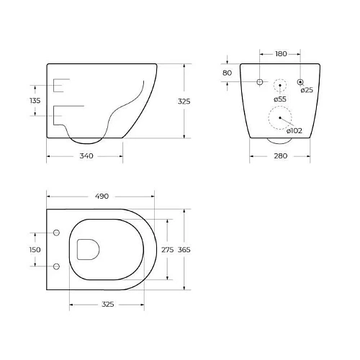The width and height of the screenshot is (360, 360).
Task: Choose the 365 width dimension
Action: pyautogui.click(x=184, y=248)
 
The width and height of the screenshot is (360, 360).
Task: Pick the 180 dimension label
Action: pyautogui.click(x=281, y=54)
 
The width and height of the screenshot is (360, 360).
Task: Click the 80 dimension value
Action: pyautogui.click(x=228, y=73)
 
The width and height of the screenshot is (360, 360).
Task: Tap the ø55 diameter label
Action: pyautogui.click(x=279, y=99)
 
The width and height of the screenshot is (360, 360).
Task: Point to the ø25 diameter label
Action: pyautogui.click(x=307, y=89)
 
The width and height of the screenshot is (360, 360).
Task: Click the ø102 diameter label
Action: pyautogui.click(x=294, y=130)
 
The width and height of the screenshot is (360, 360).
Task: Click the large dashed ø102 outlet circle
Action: pyautogui.click(x=279, y=117)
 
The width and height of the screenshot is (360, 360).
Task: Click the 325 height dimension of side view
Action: pyautogui.click(x=184, y=102)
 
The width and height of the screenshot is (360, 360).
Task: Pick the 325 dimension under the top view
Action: pyautogui.click(x=108, y=304)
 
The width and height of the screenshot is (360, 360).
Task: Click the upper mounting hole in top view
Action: pyautogui.click(x=56, y=233)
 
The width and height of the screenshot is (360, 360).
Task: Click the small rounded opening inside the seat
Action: pyautogui.click(x=87, y=249)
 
